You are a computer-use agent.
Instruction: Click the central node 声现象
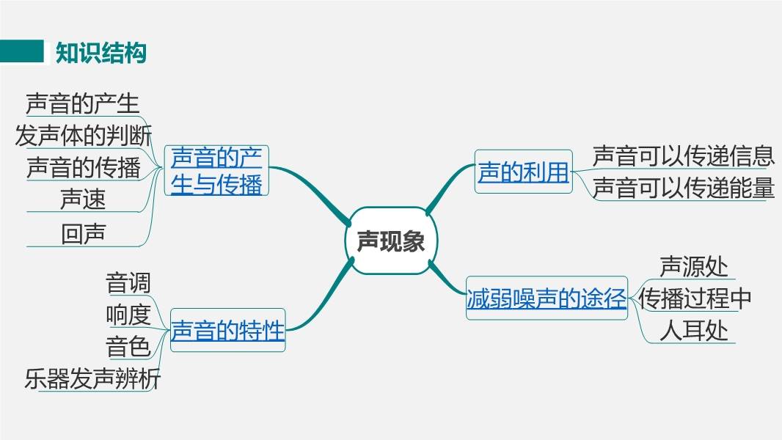(x=390, y=241)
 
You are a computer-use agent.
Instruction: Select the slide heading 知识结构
(x=101, y=53)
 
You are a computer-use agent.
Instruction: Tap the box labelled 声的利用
(x=523, y=172)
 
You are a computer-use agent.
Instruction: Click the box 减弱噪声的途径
(x=547, y=299)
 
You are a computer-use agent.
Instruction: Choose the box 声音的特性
(x=227, y=331)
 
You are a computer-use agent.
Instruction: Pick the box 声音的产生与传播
(x=216, y=170)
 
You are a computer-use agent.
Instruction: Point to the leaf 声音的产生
(x=82, y=103)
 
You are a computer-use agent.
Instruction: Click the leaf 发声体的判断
(x=84, y=136)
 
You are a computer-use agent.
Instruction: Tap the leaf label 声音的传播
(x=84, y=168)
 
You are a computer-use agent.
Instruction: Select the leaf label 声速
(x=83, y=199)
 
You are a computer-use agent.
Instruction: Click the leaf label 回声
(x=83, y=233)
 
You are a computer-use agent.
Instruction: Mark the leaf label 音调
(x=128, y=282)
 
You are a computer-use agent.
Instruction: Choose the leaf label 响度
(x=128, y=315)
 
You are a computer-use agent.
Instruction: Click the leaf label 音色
(x=128, y=346)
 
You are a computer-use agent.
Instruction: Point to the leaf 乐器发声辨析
(x=92, y=379)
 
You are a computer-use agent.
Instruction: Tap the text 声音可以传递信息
(x=683, y=155)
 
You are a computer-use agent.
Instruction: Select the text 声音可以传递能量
(x=683, y=188)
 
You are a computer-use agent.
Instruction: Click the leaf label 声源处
(x=693, y=267)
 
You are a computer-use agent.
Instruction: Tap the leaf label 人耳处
(x=693, y=331)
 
